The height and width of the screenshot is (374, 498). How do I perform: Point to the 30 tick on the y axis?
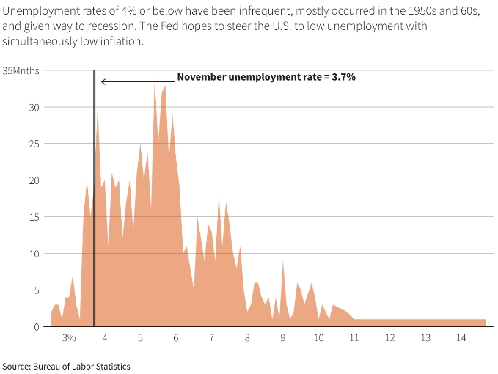34,107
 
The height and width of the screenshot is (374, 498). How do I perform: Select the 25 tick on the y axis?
34,144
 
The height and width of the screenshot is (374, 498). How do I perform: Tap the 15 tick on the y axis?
34,216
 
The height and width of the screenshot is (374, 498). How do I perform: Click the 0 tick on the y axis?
37,326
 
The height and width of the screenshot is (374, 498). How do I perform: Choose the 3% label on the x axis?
69,338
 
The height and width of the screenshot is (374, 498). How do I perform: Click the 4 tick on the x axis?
105,338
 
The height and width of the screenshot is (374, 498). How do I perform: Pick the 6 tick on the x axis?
176,338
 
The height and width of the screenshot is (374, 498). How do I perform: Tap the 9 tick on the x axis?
283,338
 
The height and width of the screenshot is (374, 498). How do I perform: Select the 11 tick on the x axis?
354,338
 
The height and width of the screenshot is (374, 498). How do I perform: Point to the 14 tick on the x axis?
461,338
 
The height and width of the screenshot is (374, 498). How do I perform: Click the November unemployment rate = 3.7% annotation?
266,76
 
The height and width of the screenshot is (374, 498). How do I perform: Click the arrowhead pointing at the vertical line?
103,81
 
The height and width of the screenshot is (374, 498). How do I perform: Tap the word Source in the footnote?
15,365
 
